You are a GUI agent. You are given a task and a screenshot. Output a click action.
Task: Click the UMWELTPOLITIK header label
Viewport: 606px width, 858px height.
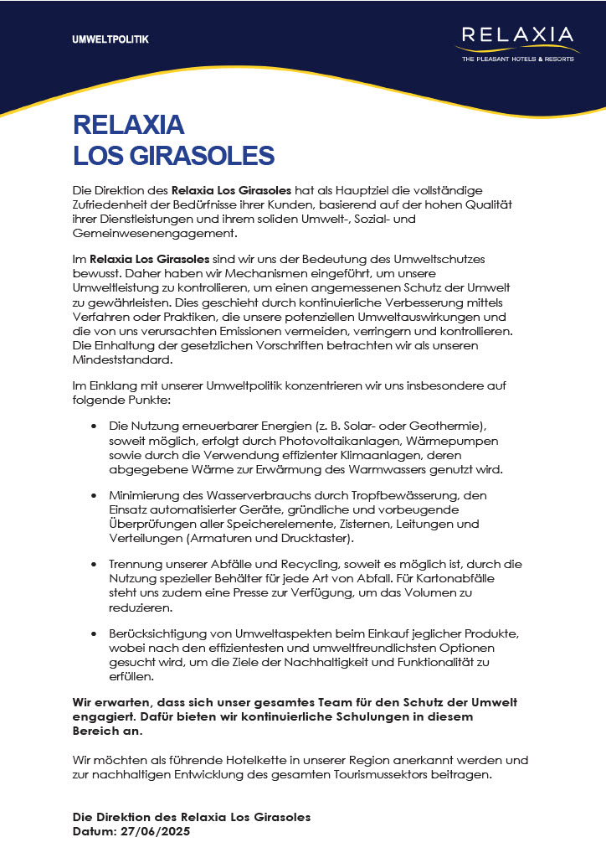coord(110,39)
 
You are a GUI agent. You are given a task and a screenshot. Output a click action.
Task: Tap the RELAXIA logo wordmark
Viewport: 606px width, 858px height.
coord(519,35)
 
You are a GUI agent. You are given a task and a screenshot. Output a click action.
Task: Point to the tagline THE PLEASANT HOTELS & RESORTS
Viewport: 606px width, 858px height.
coord(519,59)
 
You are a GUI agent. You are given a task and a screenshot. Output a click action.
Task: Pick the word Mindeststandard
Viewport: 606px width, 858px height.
coord(122,360)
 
